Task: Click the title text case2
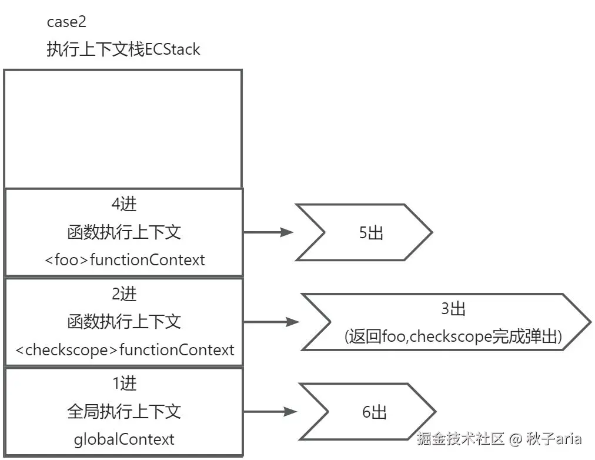point(67,22)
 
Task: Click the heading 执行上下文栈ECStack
point(123,49)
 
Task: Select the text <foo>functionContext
point(125,259)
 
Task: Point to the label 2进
point(124,293)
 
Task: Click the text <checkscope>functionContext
point(125,350)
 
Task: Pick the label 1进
point(124,384)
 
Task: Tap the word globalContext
point(124,439)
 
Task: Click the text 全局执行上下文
point(124,411)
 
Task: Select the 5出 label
point(371,233)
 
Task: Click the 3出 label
point(453,308)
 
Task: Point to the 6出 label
point(375,412)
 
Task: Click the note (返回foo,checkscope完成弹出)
point(453,336)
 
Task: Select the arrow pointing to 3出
point(270,322)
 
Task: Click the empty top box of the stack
point(123,128)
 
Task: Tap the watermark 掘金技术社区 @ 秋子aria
point(499,438)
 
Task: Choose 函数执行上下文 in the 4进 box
point(124,232)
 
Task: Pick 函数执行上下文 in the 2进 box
point(124,322)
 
